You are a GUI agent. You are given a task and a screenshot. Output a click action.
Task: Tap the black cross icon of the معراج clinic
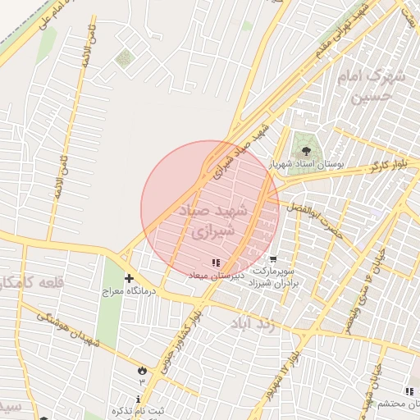pos(129,278)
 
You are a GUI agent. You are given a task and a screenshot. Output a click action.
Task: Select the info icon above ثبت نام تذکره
pos(137,397)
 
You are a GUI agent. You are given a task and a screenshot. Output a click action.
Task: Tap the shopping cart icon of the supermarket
pos(272,258)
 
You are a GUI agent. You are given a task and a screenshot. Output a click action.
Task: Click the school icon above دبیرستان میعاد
pos(215,262)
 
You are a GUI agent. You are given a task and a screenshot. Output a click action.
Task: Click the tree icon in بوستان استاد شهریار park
pos(306,150)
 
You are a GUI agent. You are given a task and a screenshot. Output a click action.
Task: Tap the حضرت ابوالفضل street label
pos(323,220)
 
